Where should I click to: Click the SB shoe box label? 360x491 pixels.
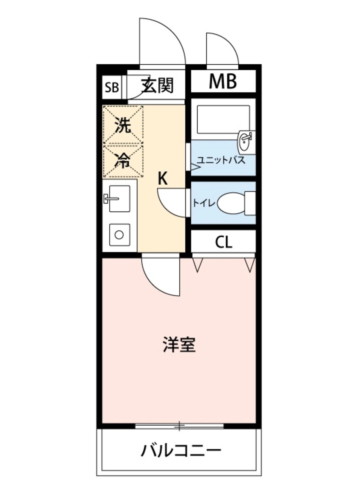[x=112, y=88]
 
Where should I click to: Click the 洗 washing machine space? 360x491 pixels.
[x=123, y=125]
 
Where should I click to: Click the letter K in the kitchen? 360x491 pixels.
[x=163, y=179]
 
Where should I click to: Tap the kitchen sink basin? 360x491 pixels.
[x=119, y=198]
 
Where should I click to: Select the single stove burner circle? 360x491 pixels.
[x=119, y=235]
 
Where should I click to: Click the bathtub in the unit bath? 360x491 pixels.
[x=223, y=119]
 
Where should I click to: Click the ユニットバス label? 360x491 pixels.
[x=221, y=160]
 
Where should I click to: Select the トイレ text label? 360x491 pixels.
[x=204, y=203]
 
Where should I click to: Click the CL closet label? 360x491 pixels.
[x=223, y=242]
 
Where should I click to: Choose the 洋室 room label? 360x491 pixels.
[x=179, y=345]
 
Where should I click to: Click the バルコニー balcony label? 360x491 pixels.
[x=181, y=451]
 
